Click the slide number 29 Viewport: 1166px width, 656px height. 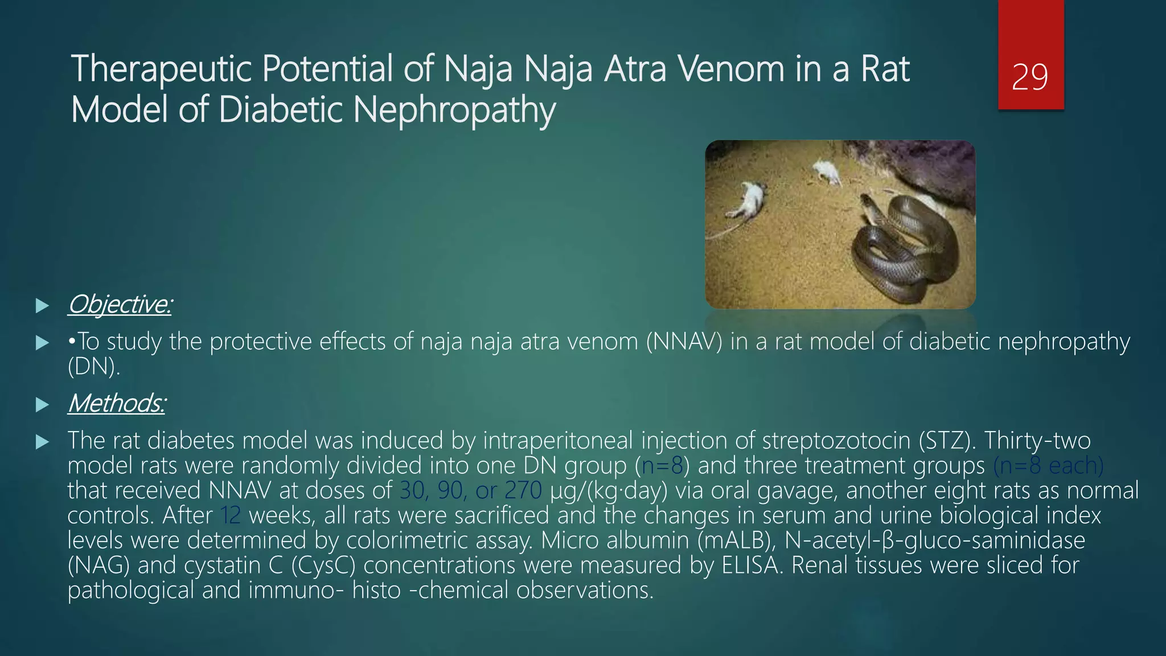1030,77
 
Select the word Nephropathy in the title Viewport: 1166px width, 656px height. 454,110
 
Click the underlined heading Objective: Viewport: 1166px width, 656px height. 120,305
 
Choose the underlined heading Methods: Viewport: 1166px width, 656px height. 117,404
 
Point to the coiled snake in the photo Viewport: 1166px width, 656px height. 900,245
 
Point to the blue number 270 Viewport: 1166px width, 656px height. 523,491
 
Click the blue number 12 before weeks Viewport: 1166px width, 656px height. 231,516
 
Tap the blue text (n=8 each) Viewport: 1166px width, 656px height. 1048,466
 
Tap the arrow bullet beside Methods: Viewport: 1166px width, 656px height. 42,405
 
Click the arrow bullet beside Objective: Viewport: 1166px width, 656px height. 42,306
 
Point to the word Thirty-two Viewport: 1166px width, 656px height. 1037,441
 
